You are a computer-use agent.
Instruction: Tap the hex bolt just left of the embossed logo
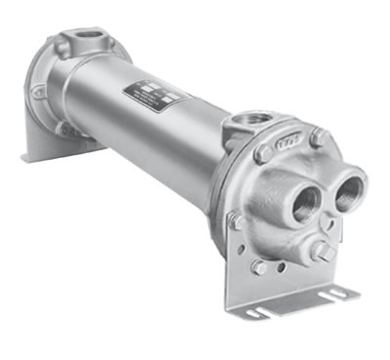pyautogui.click(x=262, y=155)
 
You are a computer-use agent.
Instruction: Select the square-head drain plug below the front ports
pyautogui.click(x=318, y=251)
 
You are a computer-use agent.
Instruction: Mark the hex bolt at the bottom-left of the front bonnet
pyautogui.click(x=259, y=265)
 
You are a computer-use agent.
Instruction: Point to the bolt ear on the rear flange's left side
pyautogui.click(x=38, y=93)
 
